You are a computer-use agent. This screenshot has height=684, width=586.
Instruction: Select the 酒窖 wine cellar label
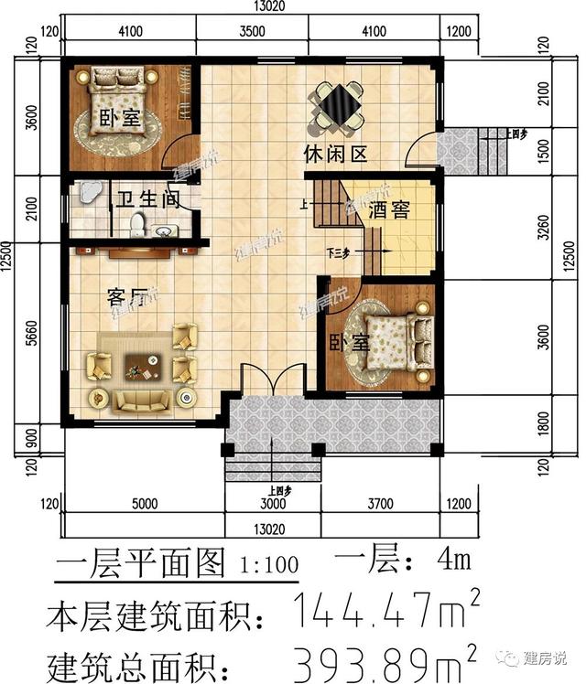click(x=388, y=210)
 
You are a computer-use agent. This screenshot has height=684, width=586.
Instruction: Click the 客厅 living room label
click(x=127, y=297)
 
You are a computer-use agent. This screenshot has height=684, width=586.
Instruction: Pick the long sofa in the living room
click(x=142, y=400)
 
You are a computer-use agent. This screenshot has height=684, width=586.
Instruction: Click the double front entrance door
click(x=272, y=380)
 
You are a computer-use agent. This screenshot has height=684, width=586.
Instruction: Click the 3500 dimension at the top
click(x=252, y=30)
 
